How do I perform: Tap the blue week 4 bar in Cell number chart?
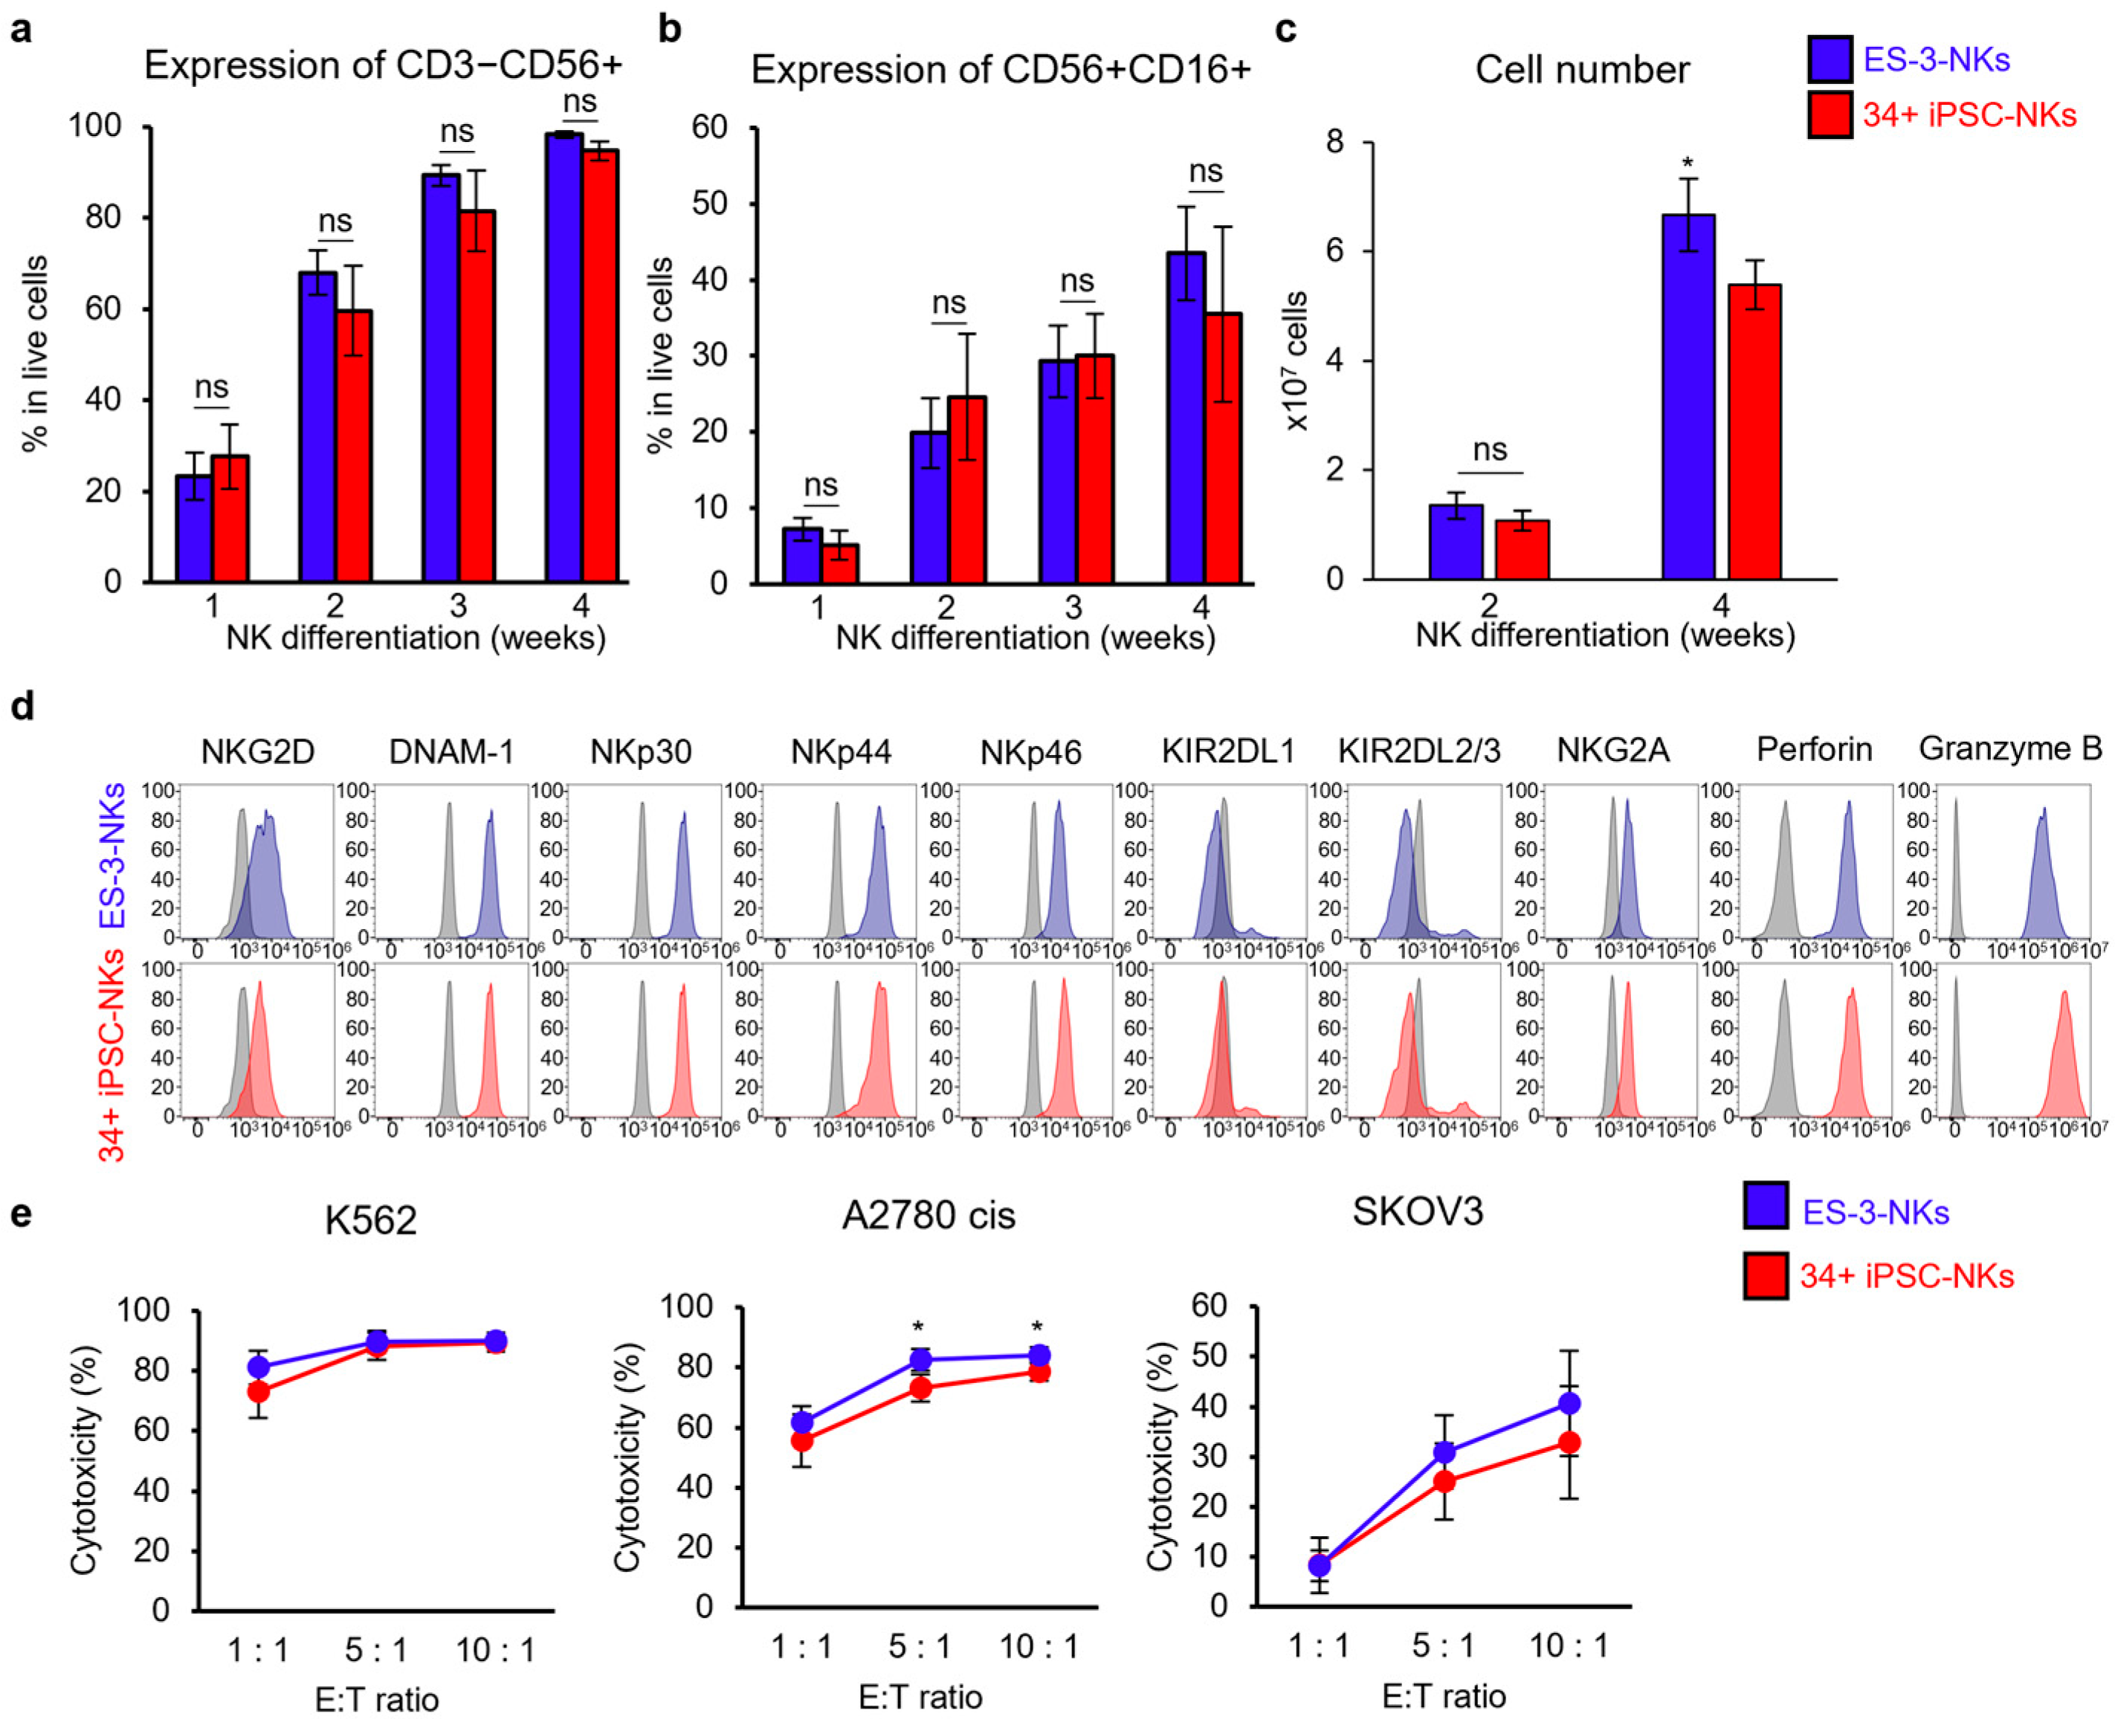click(1688, 396)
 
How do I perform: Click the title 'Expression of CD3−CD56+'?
click(384, 65)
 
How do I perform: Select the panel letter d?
click(21, 707)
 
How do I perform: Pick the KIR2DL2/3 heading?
click(1418, 751)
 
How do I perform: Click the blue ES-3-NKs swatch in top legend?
click(1829, 59)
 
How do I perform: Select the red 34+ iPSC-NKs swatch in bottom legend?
click(1766, 1275)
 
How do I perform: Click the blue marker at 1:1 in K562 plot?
click(259, 1367)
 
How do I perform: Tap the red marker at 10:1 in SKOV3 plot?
click(1569, 1443)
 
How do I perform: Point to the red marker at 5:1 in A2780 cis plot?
click(920, 1388)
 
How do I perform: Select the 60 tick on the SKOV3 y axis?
click(1210, 1306)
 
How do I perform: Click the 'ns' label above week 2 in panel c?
click(1490, 450)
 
